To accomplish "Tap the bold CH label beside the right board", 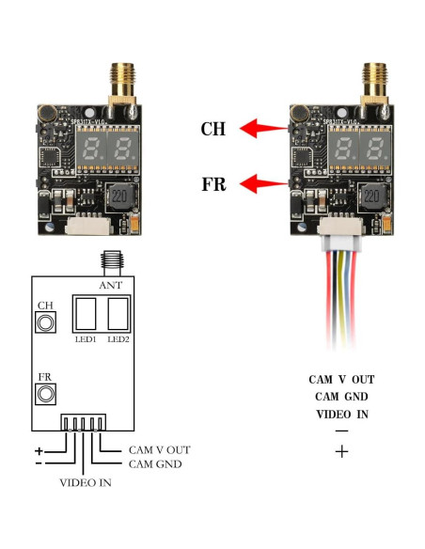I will coord(214,129).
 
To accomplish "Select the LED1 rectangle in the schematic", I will coord(85,312).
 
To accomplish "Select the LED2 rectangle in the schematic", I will coord(118,312).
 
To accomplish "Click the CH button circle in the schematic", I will coord(44,323).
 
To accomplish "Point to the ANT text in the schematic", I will coord(111,284).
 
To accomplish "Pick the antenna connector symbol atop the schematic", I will coord(111,260).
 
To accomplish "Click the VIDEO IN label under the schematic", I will coord(85,484).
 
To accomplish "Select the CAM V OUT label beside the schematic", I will coord(159,450).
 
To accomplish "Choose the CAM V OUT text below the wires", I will coord(341,380).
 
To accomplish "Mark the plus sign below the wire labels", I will coord(341,452).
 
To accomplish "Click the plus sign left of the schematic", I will coord(39,450).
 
